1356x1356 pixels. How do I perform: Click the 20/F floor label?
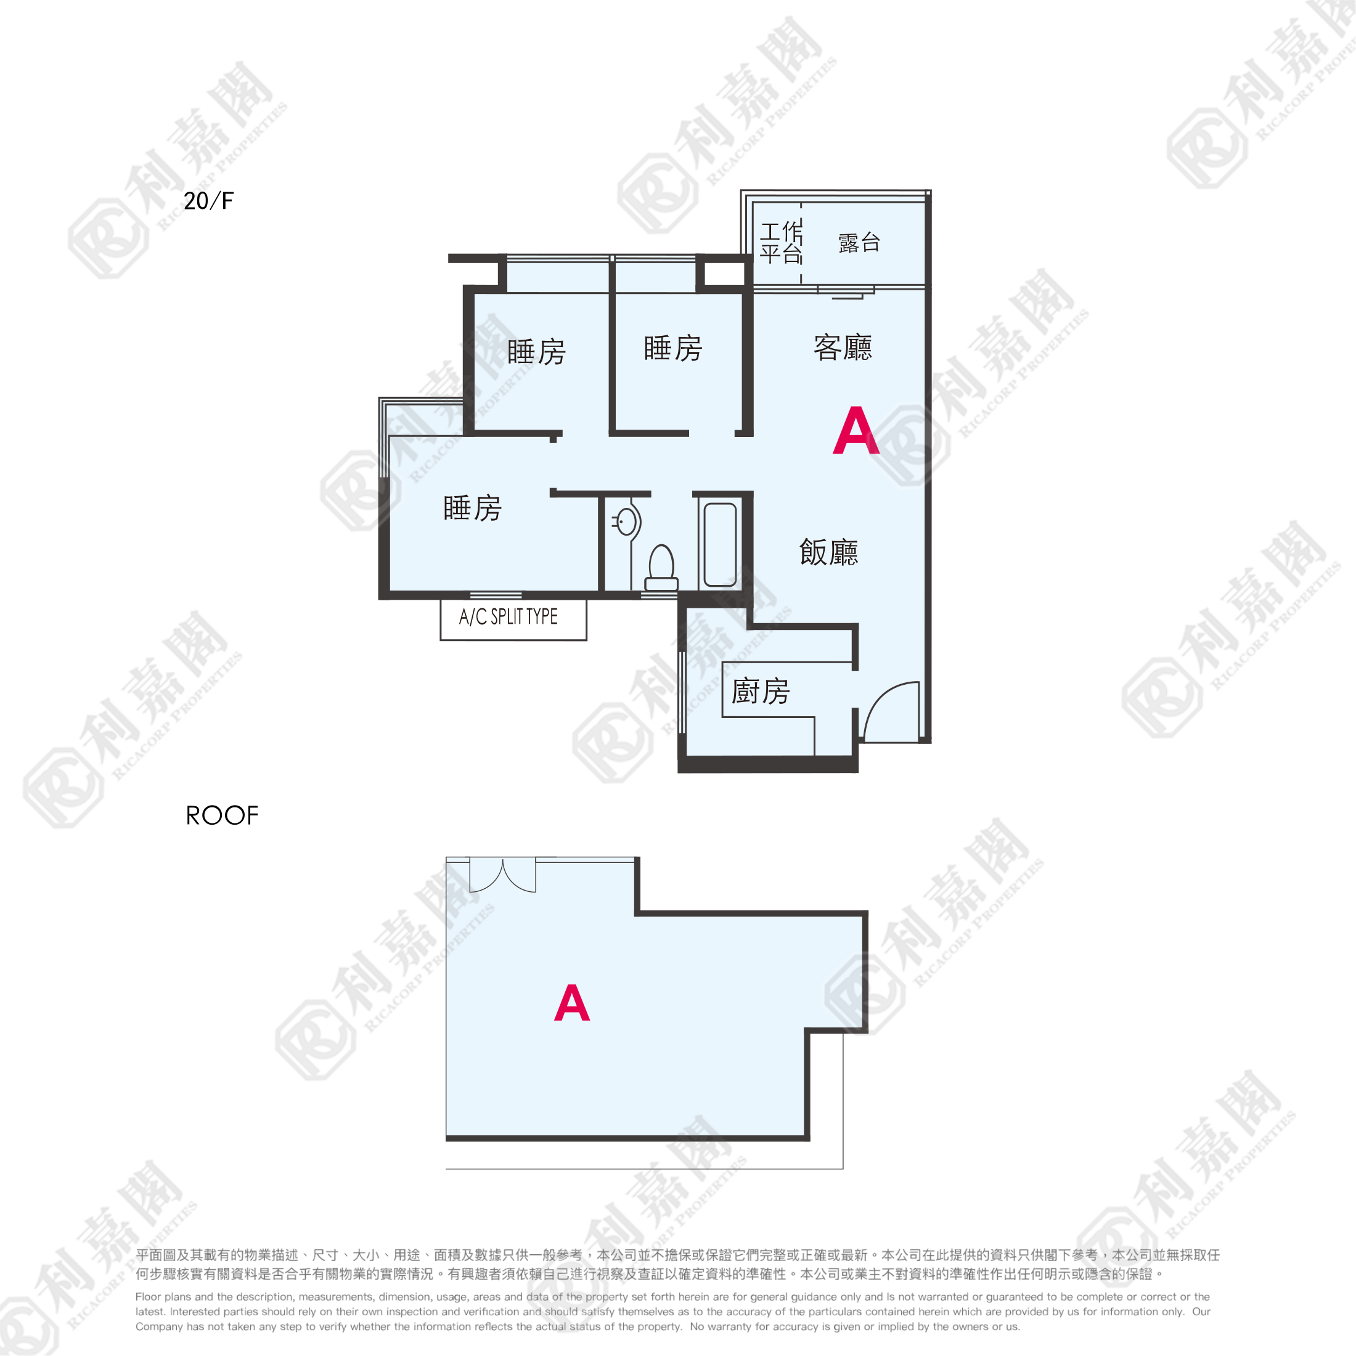(x=208, y=201)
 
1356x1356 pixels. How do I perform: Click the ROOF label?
(x=222, y=815)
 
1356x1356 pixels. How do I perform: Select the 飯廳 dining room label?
(x=828, y=552)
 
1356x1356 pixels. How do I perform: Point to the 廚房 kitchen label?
(x=760, y=692)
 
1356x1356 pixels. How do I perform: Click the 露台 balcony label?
(x=859, y=243)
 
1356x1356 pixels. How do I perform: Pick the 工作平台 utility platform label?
(x=781, y=243)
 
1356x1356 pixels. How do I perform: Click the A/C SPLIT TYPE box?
(x=513, y=619)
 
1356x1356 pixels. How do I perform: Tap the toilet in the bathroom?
(x=661, y=568)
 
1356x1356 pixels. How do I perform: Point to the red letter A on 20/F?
(x=856, y=430)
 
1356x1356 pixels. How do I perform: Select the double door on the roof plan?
(x=502, y=874)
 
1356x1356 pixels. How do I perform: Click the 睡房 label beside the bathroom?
(x=472, y=508)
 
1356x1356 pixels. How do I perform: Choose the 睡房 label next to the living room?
(x=673, y=348)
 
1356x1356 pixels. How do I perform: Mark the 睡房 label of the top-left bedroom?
(x=536, y=351)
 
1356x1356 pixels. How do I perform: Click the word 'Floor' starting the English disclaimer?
(x=148, y=1297)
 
